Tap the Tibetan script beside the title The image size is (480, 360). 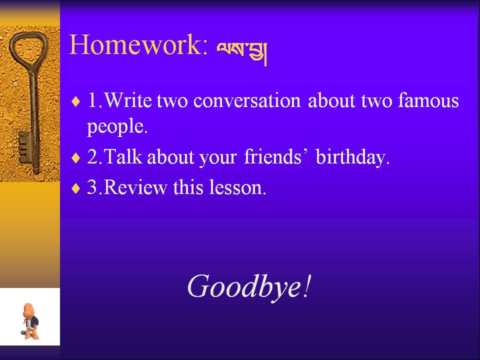coord(242,52)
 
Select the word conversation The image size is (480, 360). coord(247,101)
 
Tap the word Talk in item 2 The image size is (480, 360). coord(123,156)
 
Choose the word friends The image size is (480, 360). coord(273,156)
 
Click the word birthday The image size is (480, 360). coord(352,157)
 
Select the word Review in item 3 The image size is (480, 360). coord(135,187)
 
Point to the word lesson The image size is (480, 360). coord(237,187)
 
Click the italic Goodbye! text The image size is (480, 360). coord(249,286)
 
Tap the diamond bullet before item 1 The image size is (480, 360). coord(75,101)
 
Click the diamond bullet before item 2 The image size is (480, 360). coord(75,158)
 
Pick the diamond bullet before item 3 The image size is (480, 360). coord(75,188)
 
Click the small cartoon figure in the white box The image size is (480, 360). coord(30,321)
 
